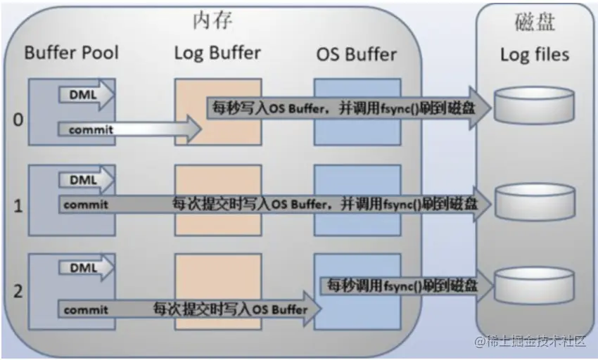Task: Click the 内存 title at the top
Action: tap(214, 22)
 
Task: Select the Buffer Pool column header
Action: tap(71, 53)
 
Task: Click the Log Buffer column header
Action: tap(217, 53)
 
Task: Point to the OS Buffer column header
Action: tap(356, 53)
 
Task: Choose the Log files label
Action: tap(535, 54)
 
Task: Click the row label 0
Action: tap(18, 120)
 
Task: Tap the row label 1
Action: tap(18, 206)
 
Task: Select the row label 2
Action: tap(18, 290)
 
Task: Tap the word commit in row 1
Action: tap(85, 205)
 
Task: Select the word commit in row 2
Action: tap(85, 309)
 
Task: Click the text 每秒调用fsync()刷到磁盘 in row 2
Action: tap(400, 286)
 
